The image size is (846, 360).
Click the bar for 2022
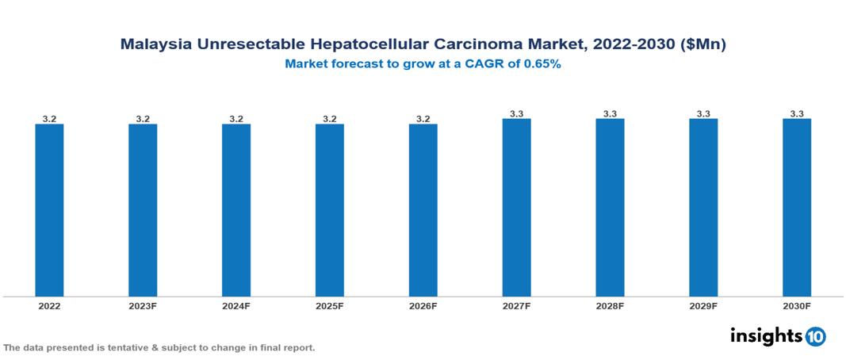[49, 210]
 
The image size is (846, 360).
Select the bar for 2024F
[236, 210]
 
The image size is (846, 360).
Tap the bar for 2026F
[423, 210]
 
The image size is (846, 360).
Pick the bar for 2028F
[610, 208]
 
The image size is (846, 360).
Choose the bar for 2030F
[797, 208]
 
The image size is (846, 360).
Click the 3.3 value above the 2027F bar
[516, 114]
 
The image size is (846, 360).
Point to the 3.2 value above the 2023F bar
[143, 119]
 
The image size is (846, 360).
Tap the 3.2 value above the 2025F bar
[330, 119]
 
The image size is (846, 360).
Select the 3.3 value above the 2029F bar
[703, 114]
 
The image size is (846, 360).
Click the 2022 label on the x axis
[49, 306]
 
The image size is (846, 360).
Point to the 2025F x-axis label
[330, 306]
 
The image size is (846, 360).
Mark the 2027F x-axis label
[516, 306]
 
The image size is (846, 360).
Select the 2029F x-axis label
[703, 306]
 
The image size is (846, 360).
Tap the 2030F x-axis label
[797, 306]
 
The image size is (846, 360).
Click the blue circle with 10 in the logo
[815, 336]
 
